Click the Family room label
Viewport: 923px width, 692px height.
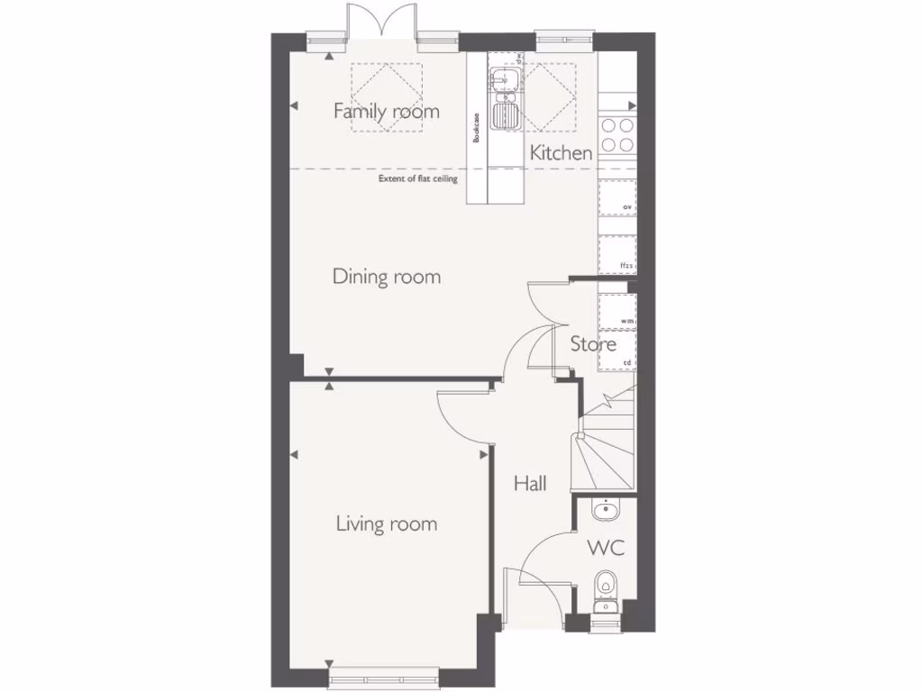386,112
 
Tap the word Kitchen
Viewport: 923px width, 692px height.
561,153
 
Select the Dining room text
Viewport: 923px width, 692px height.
387,277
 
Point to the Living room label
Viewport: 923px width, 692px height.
387,524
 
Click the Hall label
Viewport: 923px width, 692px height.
530,484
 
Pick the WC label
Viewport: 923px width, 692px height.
606,547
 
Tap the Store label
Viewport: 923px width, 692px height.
593,344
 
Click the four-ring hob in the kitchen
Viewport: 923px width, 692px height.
617,135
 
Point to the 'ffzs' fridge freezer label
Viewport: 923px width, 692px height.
627,266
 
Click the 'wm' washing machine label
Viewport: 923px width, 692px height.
627,321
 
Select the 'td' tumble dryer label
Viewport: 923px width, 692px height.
628,362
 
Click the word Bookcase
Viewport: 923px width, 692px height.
477,128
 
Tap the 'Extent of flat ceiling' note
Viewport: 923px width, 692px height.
418,179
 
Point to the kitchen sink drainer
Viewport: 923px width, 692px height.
505,116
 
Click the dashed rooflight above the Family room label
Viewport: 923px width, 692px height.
386,97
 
